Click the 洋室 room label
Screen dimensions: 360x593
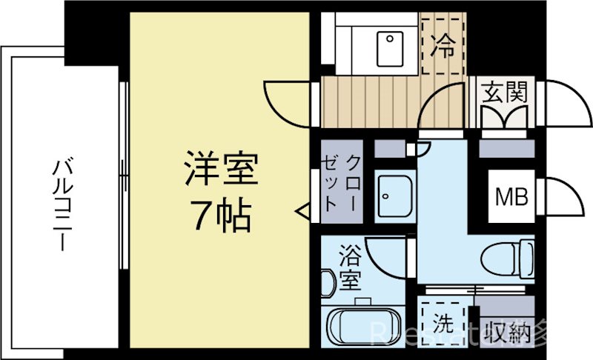click(x=221, y=171)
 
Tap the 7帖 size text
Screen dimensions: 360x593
click(x=221, y=216)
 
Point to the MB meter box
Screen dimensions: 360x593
click(x=511, y=197)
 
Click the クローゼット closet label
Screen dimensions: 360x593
click(x=342, y=182)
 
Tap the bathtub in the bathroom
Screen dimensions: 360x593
click(x=362, y=326)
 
